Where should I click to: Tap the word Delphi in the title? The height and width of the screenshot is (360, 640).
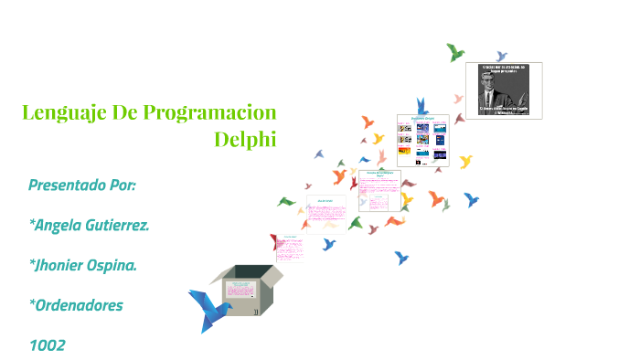click(244, 140)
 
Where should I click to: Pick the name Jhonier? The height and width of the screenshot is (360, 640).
click(67, 265)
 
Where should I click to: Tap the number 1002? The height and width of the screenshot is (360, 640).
click(47, 344)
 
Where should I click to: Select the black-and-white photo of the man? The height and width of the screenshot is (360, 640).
click(504, 90)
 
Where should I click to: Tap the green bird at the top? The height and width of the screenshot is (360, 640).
click(455, 52)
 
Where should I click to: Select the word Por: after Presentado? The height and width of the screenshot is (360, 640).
click(123, 185)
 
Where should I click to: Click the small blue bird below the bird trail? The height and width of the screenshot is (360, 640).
click(401, 258)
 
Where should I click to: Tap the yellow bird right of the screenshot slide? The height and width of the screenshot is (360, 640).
click(466, 162)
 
